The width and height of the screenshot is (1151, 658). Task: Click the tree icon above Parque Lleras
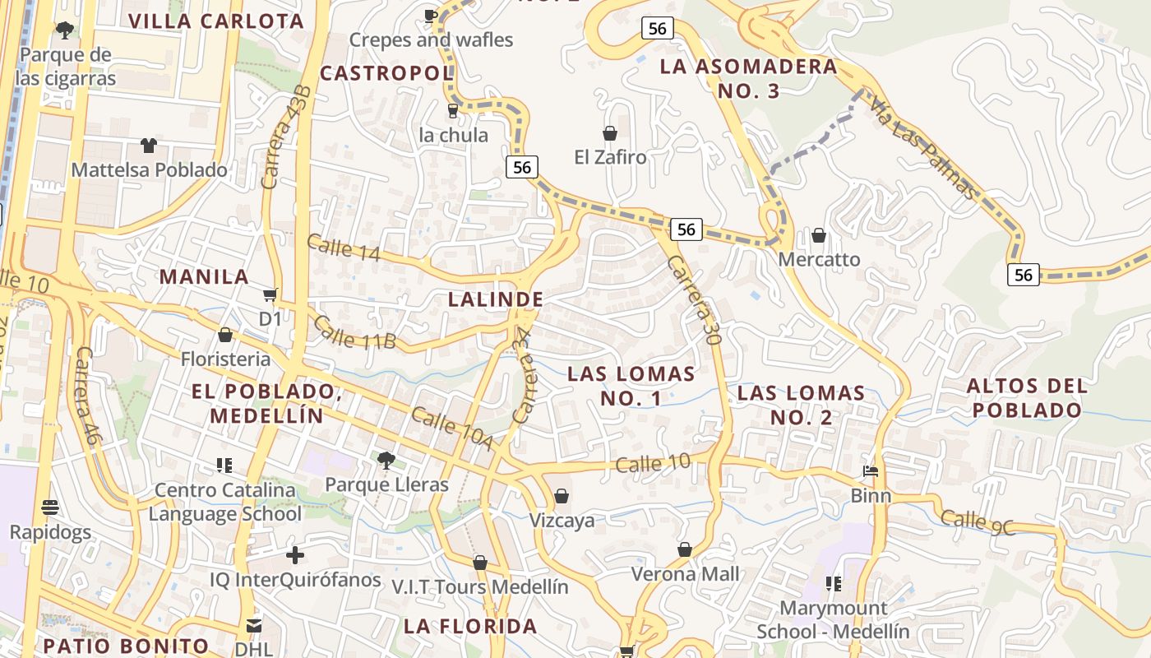click(386, 460)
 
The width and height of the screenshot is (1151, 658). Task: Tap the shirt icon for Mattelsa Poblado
click(149, 146)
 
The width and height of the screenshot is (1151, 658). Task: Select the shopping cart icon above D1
click(270, 294)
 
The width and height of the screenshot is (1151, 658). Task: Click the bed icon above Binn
click(871, 472)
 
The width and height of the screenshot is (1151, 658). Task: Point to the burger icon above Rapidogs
click(50, 507)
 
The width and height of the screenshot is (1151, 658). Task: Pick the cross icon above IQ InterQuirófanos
click(294, 555)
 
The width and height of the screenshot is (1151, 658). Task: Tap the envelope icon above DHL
click(253, 625)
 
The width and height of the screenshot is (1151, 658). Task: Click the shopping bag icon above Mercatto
click(819, 236)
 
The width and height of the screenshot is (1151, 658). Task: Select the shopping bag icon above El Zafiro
click(610, 132)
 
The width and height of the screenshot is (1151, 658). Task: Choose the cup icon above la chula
click(452, 110)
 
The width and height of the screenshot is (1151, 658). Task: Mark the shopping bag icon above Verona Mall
click(685, 549)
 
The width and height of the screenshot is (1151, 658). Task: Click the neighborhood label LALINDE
click(496, 299)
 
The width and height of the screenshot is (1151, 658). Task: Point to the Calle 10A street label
click(452, 429)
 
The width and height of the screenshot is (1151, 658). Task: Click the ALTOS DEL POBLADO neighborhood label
click(1027, 397)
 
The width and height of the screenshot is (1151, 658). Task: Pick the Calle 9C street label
click(978, 522)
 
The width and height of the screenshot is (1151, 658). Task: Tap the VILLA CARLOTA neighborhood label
click(217, 21)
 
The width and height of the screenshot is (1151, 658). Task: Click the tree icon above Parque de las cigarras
click(64, 30)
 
